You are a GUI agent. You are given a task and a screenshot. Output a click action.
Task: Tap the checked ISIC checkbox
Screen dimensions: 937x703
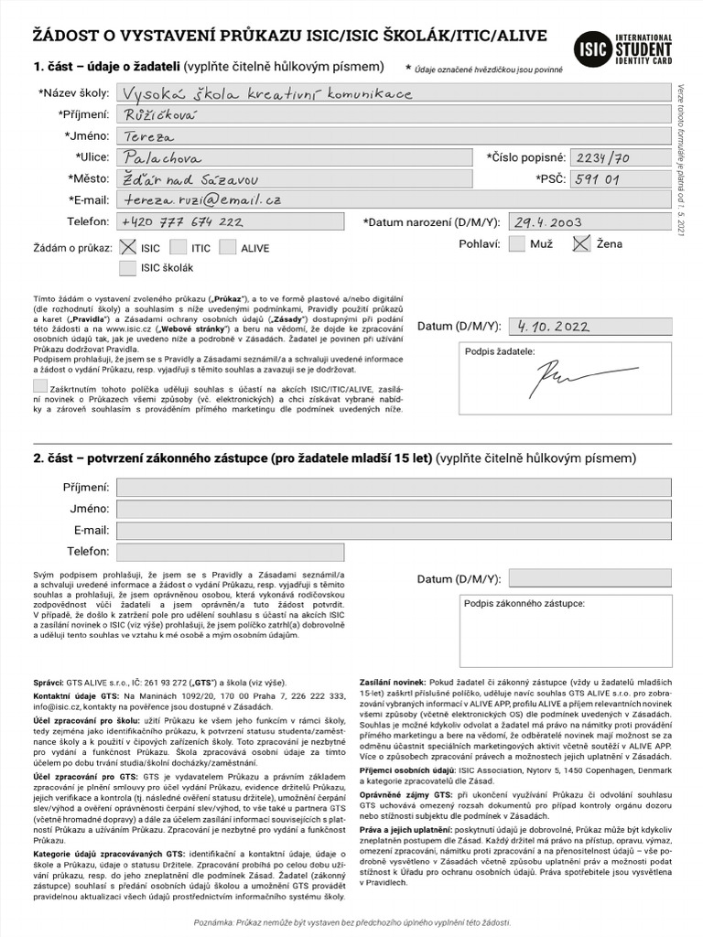coord(127,247)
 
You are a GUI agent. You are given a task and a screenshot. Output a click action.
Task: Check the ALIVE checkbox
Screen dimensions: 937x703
coord(227,247)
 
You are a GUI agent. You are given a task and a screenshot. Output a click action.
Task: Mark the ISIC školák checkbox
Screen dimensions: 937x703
coord(127,268)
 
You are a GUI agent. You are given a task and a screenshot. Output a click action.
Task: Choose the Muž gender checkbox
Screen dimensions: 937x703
coord(517,243)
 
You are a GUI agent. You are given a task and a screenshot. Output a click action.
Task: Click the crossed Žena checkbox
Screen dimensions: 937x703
coord(581,243)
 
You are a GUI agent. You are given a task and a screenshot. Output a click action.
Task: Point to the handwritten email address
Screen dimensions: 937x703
coord(202,199)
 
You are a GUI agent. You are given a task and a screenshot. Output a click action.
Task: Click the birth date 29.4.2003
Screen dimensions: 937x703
coord(548,221)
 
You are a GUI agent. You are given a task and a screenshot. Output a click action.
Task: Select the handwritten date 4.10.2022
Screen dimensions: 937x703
coord(553,326)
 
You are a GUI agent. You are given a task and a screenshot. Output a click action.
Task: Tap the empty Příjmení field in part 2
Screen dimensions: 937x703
coord(393,488)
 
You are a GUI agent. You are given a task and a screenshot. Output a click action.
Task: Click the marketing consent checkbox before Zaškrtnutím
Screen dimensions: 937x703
coord(39,386)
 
